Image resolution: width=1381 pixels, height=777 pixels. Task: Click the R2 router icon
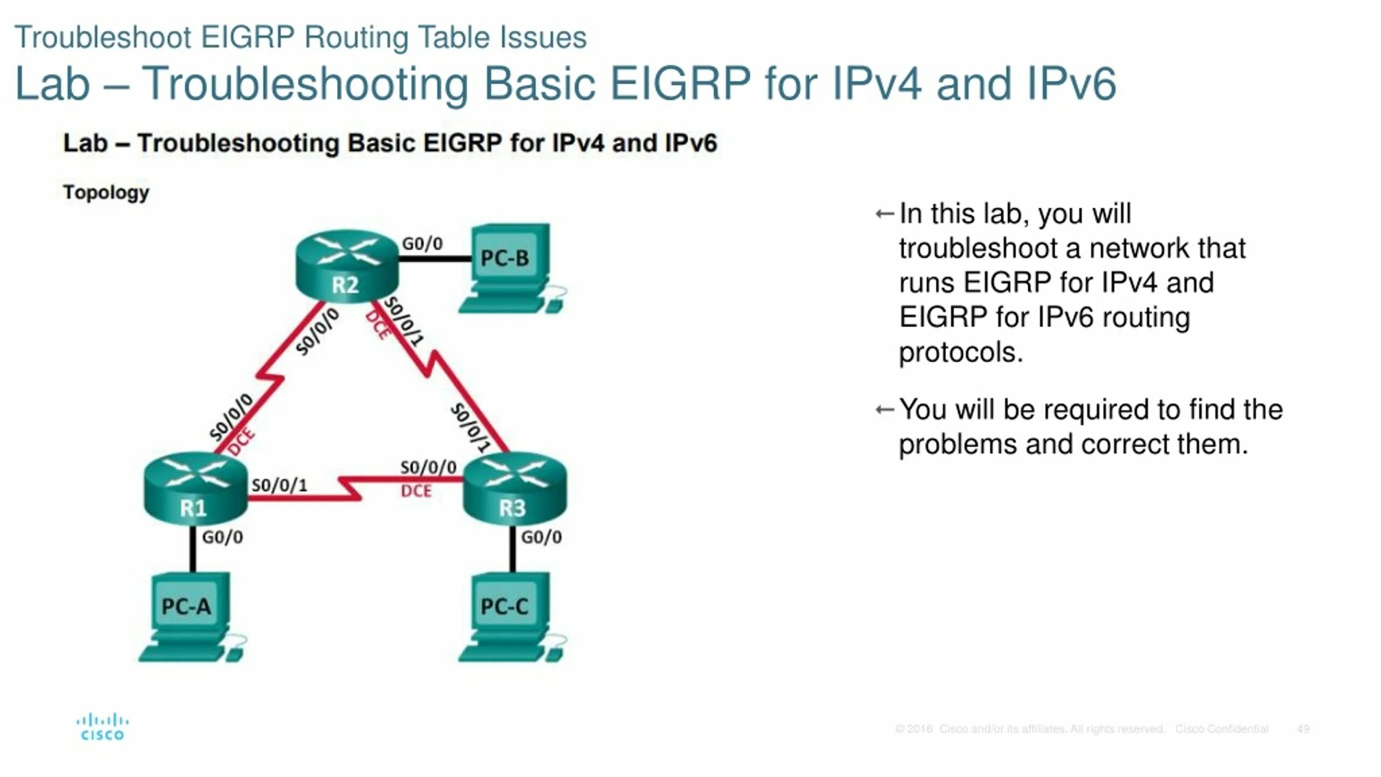coord(346,266)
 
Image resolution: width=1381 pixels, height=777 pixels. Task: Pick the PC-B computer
coord(509,268)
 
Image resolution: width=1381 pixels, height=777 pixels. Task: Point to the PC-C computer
coord(509,617)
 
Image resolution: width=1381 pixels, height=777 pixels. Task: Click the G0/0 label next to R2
coord(422,244)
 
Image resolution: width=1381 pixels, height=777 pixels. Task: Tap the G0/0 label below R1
coord(222,537)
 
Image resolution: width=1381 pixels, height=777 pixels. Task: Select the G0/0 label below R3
coord(541,537)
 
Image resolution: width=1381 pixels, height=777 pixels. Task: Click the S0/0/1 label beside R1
coord(279,486)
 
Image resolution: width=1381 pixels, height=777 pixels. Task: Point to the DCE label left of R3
coord(416,491)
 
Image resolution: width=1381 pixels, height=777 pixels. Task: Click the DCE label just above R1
coord(241,441)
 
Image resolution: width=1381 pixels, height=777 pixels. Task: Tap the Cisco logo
coord(102,727)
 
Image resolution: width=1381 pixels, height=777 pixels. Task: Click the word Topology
coord(106,193)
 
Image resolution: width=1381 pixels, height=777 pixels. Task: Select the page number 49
coord(1303,729)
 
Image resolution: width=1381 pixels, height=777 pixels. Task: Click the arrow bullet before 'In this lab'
coord(884,214)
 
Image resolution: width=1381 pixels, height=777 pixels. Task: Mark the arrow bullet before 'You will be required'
coord(884,410)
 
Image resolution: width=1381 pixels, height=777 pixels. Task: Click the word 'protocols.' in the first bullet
coord(961,353)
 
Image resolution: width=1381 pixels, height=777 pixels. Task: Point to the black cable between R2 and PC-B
coord(434,259)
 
